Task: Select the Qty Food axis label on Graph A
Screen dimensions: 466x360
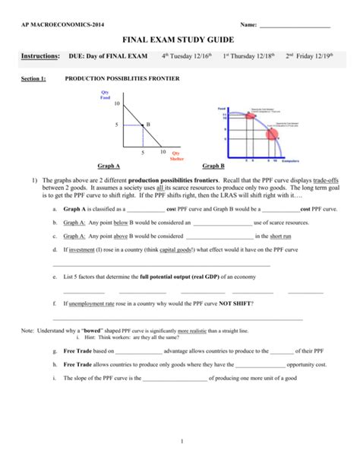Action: pyautogui.click(x=106, y=95)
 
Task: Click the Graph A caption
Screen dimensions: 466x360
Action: pyautogui.click(x=109, y=166)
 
